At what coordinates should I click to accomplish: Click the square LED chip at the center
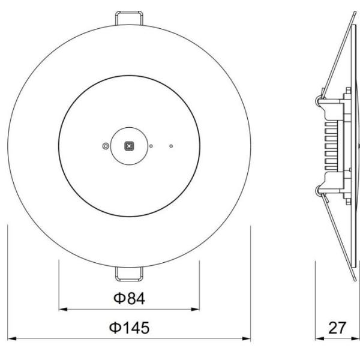pyautogui.click(x=128, y=145)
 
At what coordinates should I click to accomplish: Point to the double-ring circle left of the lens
pyautogui.click(x=106, y=145)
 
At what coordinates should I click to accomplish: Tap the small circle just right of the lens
pyautogui.click(x=151, y=145)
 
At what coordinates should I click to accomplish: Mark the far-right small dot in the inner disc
pyautogui.click(x=171, y=145)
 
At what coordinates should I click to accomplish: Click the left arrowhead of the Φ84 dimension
pyautogui.click(x=62, y=310)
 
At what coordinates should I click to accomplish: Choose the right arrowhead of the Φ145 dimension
pyautogui.click(x=247, y=340)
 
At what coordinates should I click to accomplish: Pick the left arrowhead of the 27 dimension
pyautogui.click(x=320, y=340)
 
